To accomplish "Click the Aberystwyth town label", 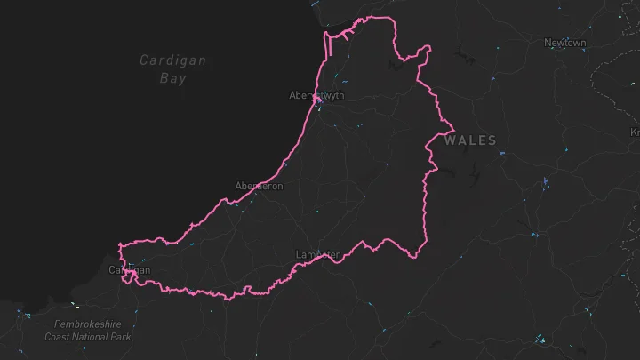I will (316, 95).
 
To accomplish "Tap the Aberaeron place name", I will (259, 186).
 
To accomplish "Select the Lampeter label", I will (317, 255).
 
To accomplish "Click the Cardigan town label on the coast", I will (130, 269).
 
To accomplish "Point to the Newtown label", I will (565, 43).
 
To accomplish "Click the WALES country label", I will (470, 140).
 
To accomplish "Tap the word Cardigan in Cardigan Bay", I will (173, 60).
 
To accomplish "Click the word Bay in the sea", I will (173, 78).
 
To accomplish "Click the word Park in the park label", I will (123, 337).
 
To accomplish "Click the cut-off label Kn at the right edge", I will (635, 132).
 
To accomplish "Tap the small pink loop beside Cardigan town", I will (131, 277).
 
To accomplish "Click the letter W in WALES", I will (451, 140).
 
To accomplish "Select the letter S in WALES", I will (492, 140).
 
